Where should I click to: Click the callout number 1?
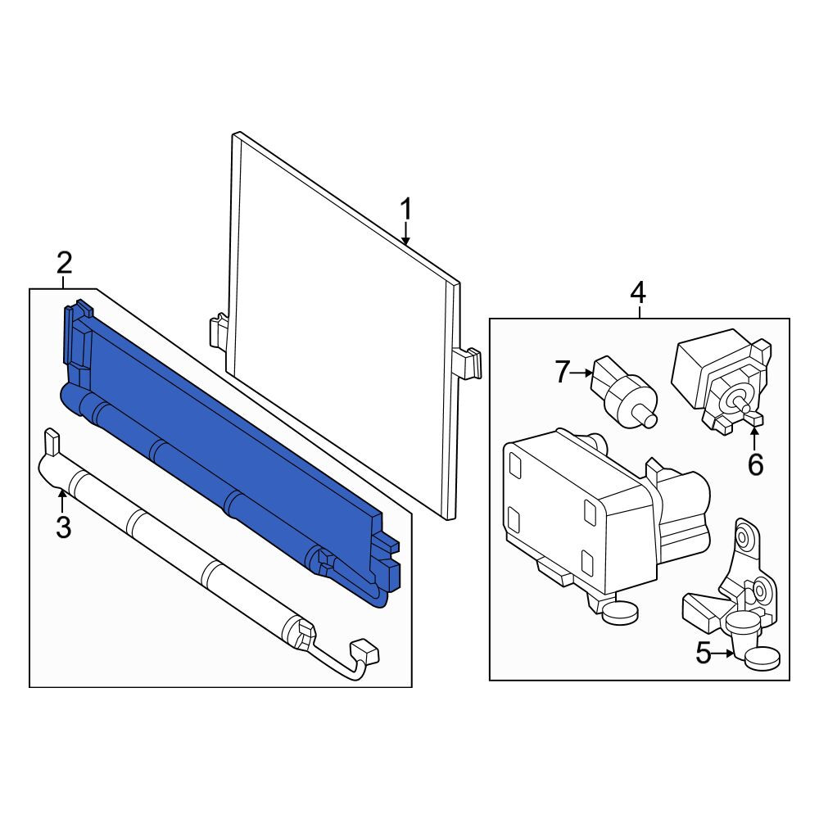point(406,209)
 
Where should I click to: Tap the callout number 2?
point(64,264)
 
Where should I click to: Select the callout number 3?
point(63,527)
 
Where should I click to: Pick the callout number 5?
point(704,653)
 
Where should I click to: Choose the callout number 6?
point(755,464)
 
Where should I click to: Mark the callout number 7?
point(562,373)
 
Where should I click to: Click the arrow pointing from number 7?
point(581,373)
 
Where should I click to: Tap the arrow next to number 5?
point(724,653)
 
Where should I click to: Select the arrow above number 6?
point(755,438)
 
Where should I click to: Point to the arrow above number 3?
point(62,500)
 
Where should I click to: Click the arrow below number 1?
point(406,234)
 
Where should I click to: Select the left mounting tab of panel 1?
point(219,330)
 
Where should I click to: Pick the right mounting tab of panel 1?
point(466,362)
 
